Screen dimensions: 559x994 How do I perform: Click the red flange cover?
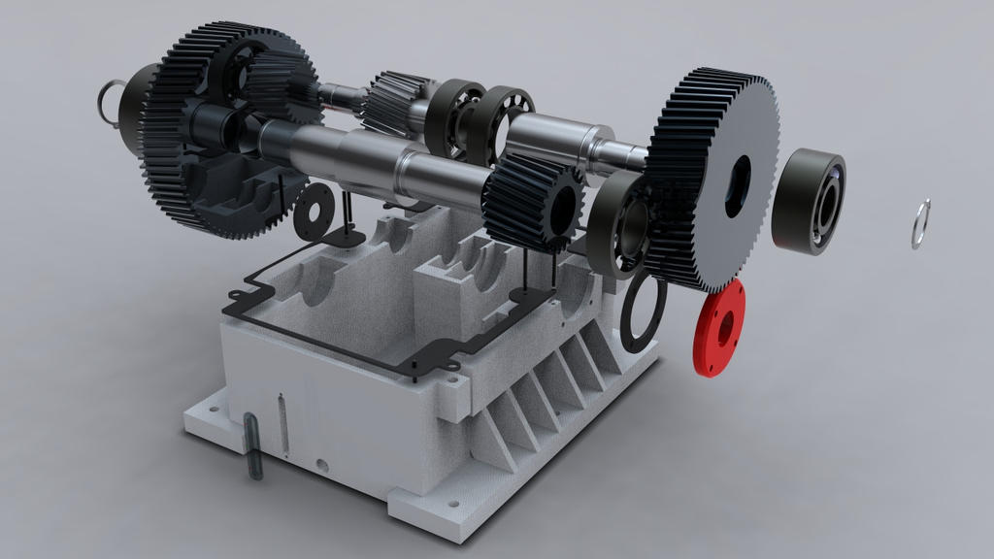click(x=719, y=328)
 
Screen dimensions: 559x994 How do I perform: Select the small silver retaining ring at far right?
click(x=920, y=224)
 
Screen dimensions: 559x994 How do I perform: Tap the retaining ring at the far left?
click(x=109, y=100)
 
